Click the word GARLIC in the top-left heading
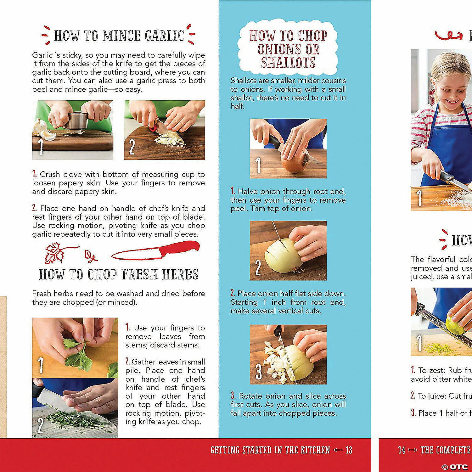pyautogui.click(x=164, y=36)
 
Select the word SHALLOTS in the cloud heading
pyautogui.click(x=288, y=63)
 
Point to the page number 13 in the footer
pyautogui.click(x=349, y=450)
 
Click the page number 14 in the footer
pyautogui.click(x=402, y=450)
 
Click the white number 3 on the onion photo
pyautogui.click(x=259, y=372)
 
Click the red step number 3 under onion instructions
pyautogui.click(x=233, y=396)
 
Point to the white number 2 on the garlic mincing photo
pyautogui.click(x=132, y=147)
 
